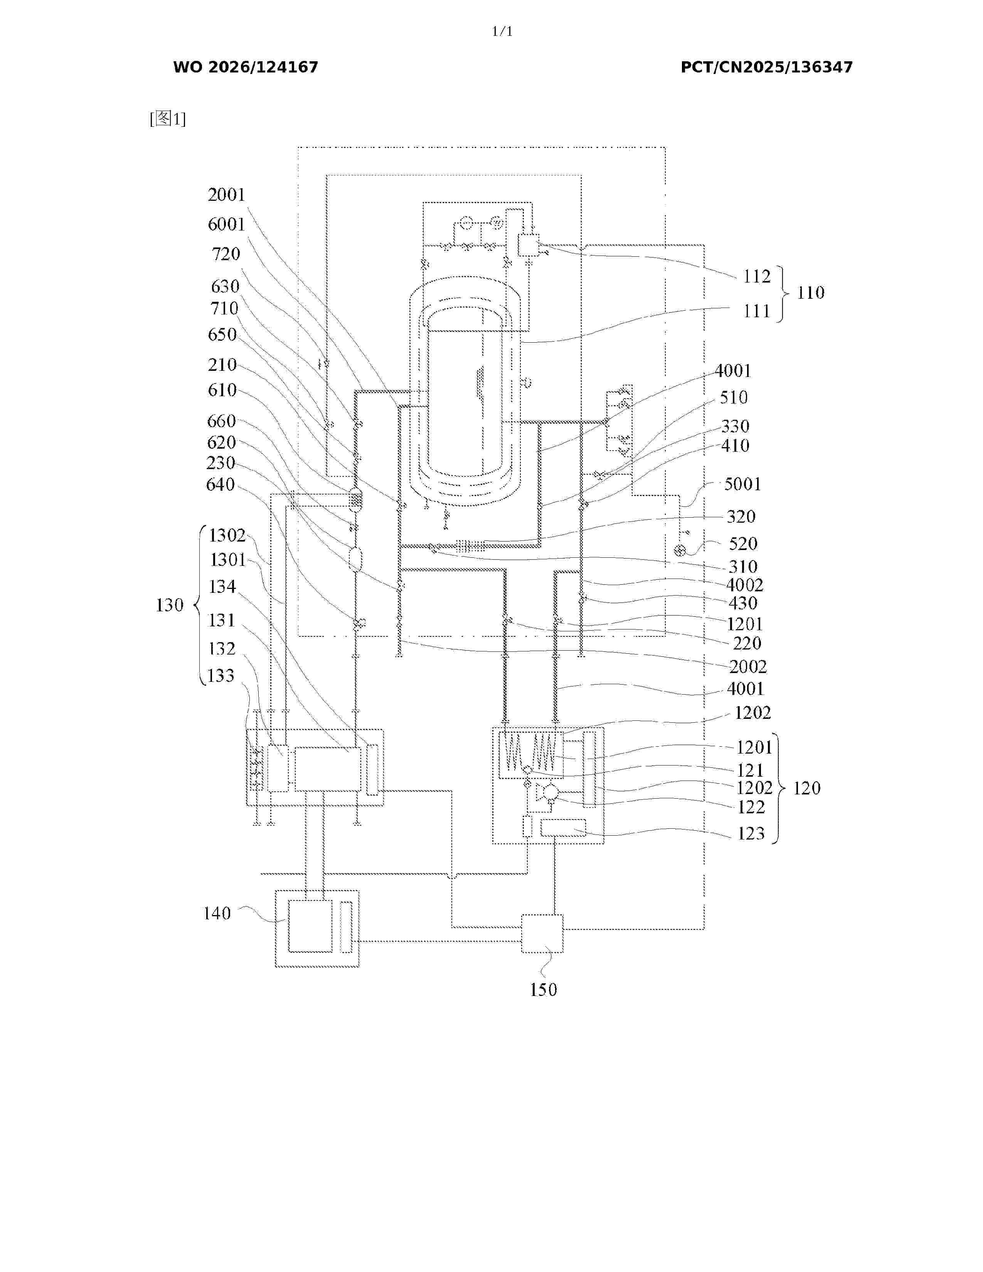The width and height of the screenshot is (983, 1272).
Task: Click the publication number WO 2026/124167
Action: click(x=246, y=67)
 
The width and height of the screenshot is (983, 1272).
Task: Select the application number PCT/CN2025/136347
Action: click(x=766, y=67)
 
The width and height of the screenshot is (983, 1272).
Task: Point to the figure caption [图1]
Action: click(x=168, y=119)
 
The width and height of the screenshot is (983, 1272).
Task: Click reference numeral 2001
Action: click(x=227, y=195)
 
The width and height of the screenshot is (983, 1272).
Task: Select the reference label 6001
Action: click(x=227, y=224)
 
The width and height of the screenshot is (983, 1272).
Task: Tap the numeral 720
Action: click(x=226, y=254)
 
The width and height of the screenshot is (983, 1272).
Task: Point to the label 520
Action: click(x=743, y=544)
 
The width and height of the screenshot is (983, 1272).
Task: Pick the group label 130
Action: click(x=170, y=605)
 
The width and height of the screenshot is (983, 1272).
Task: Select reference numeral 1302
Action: click(x=227, y=535)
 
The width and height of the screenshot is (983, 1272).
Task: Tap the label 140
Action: click(x=217, y=913)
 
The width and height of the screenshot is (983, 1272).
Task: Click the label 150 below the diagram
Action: click(x=543, y=989)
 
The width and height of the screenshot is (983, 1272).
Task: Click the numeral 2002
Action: click(x=748, y=666)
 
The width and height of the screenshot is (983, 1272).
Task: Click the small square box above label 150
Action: click(x=542, y=934)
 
